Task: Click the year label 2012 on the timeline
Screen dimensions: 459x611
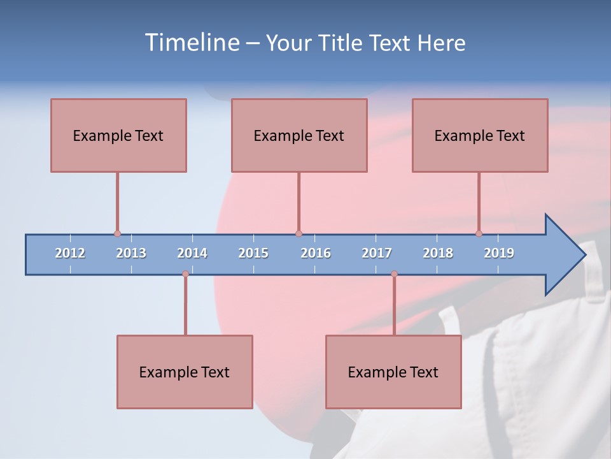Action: [x=70, y=253]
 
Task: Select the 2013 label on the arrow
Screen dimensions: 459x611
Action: [x=131, y=253]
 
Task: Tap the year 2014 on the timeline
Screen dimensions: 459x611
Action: [x=192, y=253]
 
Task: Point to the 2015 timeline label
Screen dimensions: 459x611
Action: [x=253, y=253]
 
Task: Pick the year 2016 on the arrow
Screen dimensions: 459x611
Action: [x=316, y=253]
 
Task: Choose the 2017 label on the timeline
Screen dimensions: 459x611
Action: [x=377, y=253]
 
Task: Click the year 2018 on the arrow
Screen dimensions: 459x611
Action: [x=438, y=253]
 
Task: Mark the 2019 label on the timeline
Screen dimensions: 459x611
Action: [x=499, y=253]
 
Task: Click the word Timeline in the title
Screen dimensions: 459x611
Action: [x=190, y=43]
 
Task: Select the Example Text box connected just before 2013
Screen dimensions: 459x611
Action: [x=118, y=135]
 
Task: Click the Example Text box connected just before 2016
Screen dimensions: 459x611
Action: [x=299, y=135]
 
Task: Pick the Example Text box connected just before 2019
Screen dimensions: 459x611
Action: [x=480, y=135]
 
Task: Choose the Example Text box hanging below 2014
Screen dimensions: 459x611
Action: [x=185, y=372]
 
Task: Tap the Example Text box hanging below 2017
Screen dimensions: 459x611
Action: [x=393, y=372]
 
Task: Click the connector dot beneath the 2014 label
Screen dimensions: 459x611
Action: [x=185, y=274]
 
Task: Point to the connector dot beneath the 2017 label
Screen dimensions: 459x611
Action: [x=394, y=274]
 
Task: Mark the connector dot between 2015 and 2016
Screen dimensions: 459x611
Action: [x=298, y=234]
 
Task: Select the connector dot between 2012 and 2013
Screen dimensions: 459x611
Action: [x=117, y=234]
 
